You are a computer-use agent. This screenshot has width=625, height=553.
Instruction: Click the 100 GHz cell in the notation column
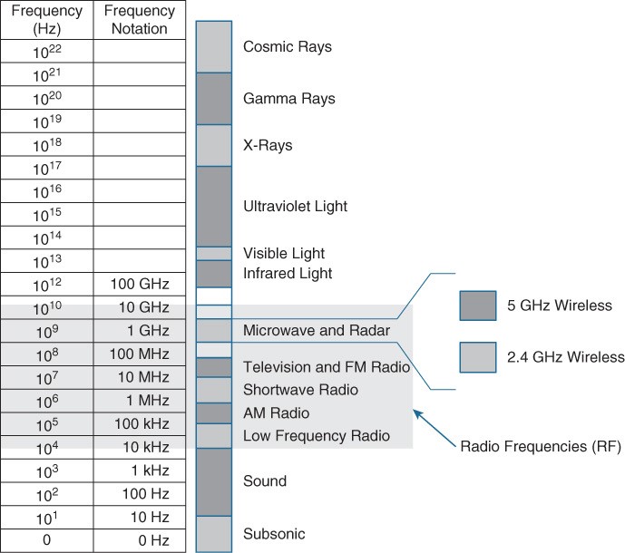[140, 284]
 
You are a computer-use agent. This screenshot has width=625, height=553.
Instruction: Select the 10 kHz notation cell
[140, 448]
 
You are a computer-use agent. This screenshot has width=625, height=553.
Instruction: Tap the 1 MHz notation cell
[140, 401]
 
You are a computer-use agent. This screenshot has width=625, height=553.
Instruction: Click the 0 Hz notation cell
[140, 540]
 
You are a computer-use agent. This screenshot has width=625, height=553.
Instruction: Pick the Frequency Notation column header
[140, 20]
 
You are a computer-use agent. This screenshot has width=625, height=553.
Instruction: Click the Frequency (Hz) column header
[47, 20]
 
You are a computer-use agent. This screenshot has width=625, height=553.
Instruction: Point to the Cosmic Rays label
[288, 47]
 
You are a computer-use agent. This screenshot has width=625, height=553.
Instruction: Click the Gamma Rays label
[289, 99]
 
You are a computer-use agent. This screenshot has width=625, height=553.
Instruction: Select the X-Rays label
[268, 145]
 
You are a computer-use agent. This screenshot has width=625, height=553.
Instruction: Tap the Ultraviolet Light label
[296, 207]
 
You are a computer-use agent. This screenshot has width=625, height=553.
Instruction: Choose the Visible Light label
[284, 254]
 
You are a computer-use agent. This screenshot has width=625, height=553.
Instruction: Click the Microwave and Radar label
[317, 330]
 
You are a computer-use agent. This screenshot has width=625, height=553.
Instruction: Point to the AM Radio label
[277, 413]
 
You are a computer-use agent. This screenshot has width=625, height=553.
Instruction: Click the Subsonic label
[274, 534]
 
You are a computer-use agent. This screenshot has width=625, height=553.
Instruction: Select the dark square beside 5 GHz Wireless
[478, 306]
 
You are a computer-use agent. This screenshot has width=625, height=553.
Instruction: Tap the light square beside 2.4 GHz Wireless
[478, 357]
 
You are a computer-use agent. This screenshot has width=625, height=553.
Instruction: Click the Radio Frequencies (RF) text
[541, 447]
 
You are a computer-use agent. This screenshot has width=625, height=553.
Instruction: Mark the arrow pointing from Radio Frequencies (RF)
[435, 428]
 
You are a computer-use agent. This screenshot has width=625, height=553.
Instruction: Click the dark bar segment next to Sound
[214, 482]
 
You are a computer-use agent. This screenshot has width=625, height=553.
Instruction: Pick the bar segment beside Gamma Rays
[214, 99]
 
